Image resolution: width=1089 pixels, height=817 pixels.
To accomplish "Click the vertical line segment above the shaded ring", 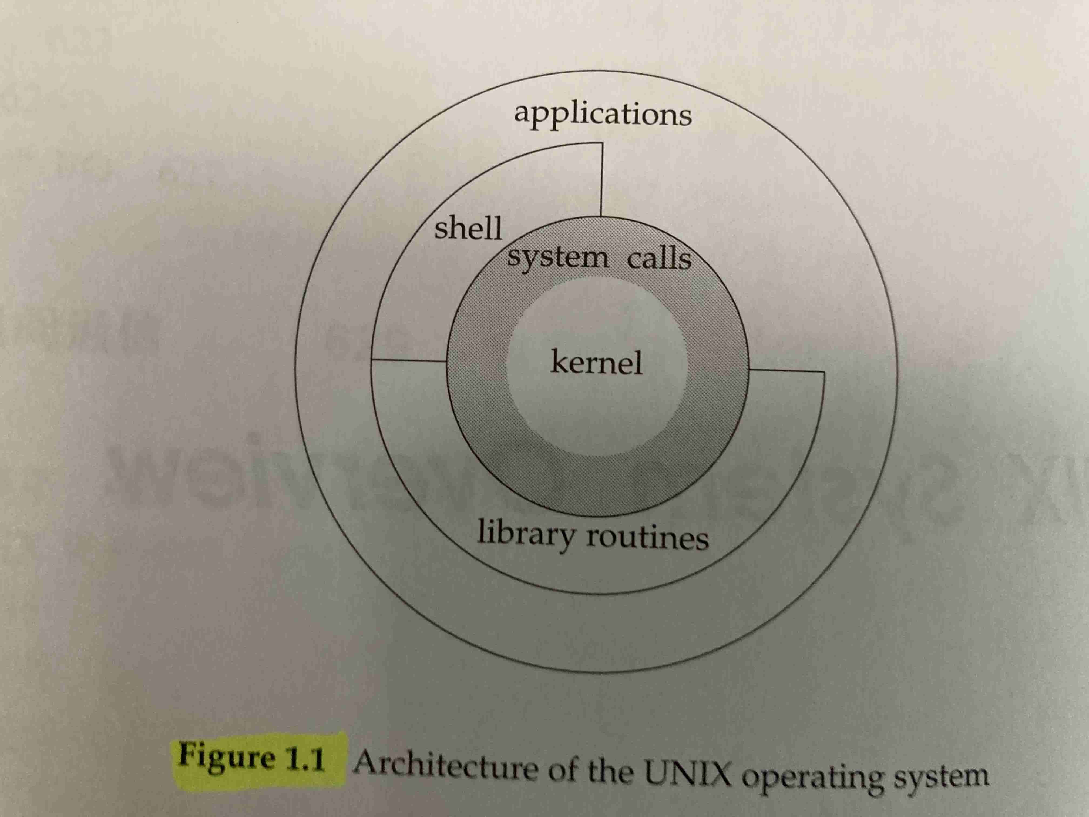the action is pos(601,180).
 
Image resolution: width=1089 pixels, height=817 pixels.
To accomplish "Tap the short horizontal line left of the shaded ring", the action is pos(409,360).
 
